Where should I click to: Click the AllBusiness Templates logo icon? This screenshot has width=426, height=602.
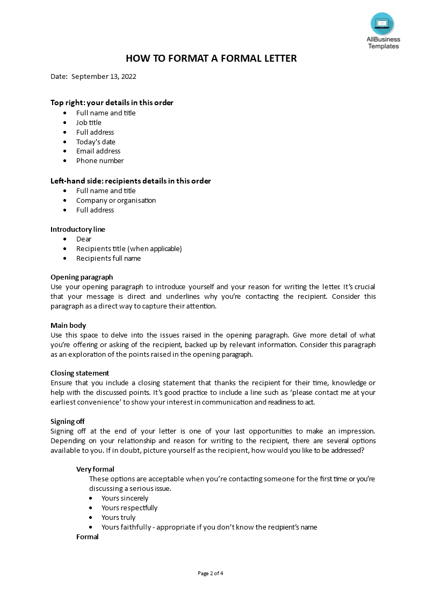pos(382,24)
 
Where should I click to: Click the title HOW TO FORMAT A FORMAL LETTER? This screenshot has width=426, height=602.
pos(211,58)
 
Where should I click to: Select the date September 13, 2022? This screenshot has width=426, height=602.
pos(104,76)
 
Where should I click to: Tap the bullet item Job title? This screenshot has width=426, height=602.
pos(89,122)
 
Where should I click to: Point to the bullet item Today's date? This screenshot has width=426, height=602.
pos(96,142)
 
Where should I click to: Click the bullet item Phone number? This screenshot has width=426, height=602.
pos(100,160)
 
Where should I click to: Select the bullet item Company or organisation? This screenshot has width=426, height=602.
pos(116,200)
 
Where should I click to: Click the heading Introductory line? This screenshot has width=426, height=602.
pos(78,229)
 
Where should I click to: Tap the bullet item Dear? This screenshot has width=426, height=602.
pos(84,239)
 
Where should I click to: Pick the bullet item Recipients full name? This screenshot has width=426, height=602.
pos(109,258)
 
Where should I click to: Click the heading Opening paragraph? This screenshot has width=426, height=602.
pos(82,277)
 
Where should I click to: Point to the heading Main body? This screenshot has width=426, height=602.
pos(68,325)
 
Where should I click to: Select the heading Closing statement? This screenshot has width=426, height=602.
pos(80,373)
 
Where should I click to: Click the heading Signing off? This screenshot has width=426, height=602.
pos(68,421)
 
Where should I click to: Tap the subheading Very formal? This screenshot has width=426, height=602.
pos(95,469)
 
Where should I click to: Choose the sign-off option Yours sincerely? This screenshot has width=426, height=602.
pos(125,498)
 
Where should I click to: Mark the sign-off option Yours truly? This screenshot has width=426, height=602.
pos(118,517)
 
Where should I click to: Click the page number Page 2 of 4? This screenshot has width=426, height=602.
pos(211,573)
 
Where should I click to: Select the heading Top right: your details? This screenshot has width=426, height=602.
pos(112,102)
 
